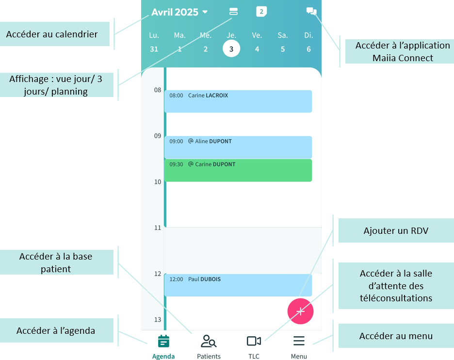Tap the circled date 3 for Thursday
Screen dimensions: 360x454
pyautogui.click(x=231, y=49)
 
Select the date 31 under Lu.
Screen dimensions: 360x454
pyautogui.click(x=154, y=49)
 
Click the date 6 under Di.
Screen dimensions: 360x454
pyautogui.click(x=308, y=49)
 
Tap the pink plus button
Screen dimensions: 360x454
pyautogui.click(x=300, y=311)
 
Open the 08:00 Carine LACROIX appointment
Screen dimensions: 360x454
pyautogui.click(x=238, y=101)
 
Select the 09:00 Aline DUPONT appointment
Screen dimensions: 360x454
pyautogui.click(x=238, y=147)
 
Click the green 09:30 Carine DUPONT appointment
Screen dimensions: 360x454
pyautogui.click(x=238, y=170)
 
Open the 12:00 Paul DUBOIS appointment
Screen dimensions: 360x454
pyautogui.click(x=238, y=285)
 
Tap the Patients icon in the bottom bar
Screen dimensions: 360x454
pyautogui.click(x=209, y=342)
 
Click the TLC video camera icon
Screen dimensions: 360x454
pyautogui.click(x=254, y=342)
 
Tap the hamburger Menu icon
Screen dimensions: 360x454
pyautogui.click(x=299, y=342)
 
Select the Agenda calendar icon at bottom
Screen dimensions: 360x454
pyautogui.click(x=163, y=342)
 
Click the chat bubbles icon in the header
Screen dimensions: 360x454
pyautogui.click(x=311, y=12)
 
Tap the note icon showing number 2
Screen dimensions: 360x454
pyautogui.click(x=261, y=12)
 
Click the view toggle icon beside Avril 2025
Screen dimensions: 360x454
pyautogui.click(x=233, y=12)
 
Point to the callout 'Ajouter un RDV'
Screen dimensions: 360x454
pyautogui.click(x=396, y=230)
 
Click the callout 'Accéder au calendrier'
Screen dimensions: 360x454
pyautogui.click(x=52, y=34)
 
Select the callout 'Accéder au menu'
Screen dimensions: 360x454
pyautogui.click(x=396, y=336)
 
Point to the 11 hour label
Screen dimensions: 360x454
pyautogui.click(x=158, y=228)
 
